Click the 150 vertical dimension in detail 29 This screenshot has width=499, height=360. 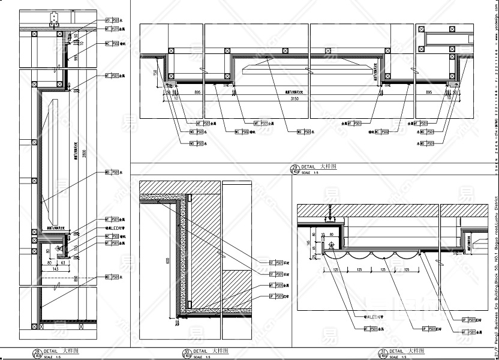pos(155,72)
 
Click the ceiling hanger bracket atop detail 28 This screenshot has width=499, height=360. pos(56,19)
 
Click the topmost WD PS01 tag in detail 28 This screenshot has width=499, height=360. pos(112,20)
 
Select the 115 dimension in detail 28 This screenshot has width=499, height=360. pos(76,247)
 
